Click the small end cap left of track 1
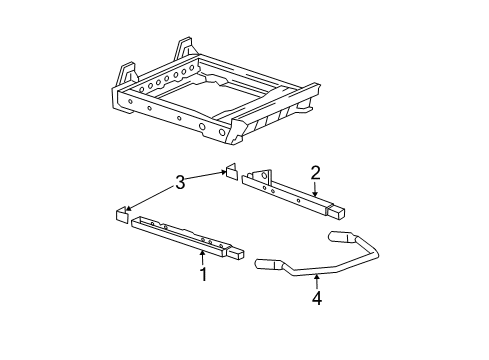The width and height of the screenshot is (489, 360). (120, 213)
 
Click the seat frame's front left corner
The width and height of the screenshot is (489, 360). (118, 97)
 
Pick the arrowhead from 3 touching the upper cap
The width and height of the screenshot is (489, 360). (226, 172)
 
